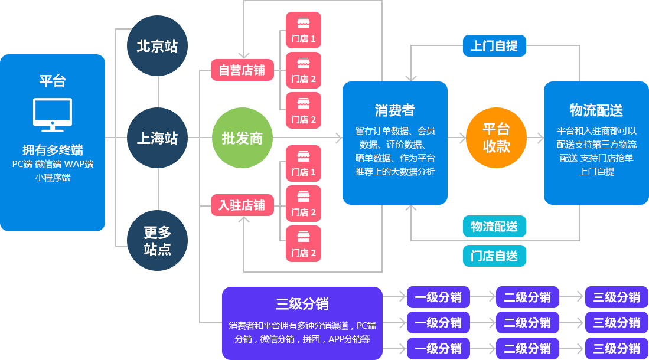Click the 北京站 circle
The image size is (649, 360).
coord(157,46)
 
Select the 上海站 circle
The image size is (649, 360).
coord(157,138)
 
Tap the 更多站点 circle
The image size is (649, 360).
coord(157,240)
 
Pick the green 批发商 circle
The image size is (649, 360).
coord(242,139)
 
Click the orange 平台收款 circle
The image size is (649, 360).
coord(496,138)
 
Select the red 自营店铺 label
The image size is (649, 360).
coord(242,70)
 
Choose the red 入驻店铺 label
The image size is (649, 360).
coord(242,205)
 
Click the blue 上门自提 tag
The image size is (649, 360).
coord(494,45)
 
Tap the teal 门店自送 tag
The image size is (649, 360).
coord(494,256)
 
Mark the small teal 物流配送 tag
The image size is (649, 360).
coord(494,226)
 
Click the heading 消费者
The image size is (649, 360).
coord(394,110)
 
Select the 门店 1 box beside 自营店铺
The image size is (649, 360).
coord(304,30)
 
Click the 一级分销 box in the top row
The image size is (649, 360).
coord(438,297)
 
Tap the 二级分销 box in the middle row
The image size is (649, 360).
coord(527,323)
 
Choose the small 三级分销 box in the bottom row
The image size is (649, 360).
coord(617,348)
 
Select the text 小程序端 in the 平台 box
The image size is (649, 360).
coord(53,177)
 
